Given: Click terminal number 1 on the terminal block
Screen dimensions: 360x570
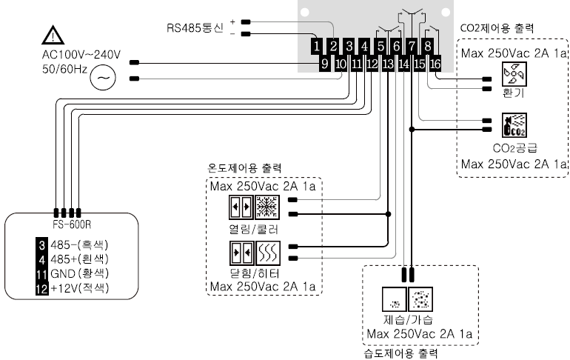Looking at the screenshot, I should (318, 47).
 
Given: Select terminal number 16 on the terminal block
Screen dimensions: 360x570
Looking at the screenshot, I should (435, 64).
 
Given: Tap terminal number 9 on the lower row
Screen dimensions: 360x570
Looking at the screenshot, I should (324, 64).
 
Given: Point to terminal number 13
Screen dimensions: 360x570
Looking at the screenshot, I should (388, 64).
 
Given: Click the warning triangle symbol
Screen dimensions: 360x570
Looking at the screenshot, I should (53, 34).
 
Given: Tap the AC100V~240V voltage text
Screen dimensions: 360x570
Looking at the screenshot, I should (81, 55).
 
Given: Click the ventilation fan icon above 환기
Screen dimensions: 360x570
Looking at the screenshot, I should (513, 74).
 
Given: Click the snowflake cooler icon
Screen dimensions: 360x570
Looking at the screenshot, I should (266, 206).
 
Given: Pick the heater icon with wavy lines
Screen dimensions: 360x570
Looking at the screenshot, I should (266, 253).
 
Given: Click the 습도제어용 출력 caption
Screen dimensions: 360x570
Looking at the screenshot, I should (397, 353).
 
